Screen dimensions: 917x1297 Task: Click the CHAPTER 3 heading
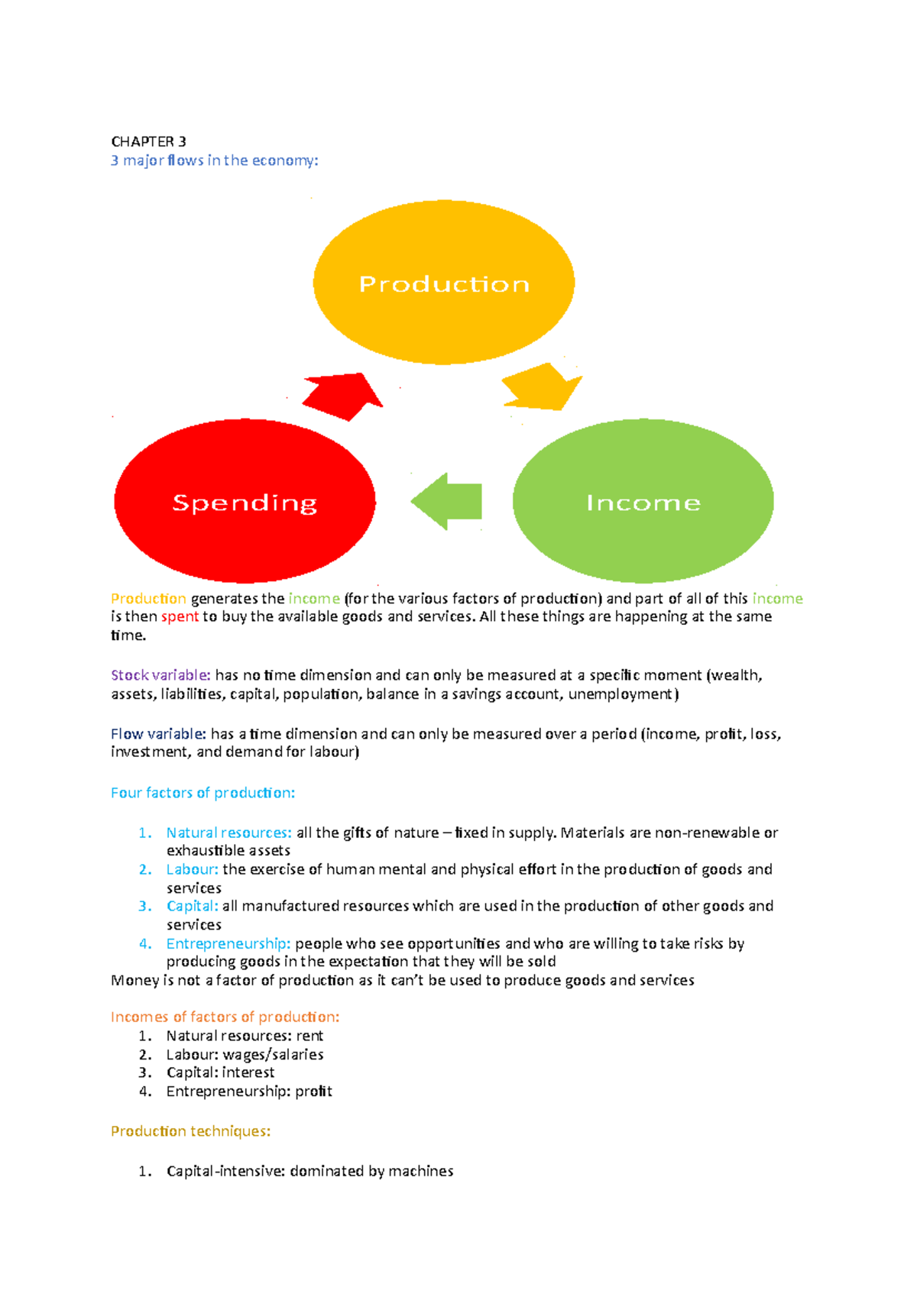click(x=148, y=142)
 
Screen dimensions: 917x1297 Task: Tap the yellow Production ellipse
click(x=444, y=283)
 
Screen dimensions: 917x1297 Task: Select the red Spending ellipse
click(x=245, y=501)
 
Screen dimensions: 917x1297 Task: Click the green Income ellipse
click(x=643, y=501)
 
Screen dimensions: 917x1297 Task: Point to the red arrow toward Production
click(x=343, y=396)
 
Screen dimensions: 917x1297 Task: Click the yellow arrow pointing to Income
click(x=543, y=387)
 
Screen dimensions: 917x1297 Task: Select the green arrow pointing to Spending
click(x=446, y=501)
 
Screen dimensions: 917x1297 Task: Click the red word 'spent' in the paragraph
click(x=180, y=616)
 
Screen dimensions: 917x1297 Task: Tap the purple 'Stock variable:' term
click(x=160, y=675)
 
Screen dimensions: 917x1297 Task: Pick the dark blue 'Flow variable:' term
click(x=158, y=733)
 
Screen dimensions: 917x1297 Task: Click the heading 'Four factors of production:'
click(x=203, y=793)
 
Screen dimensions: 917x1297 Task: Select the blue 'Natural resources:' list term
click(x=228, y=833)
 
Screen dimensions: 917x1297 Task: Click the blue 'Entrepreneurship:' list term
click(x=228, y=944)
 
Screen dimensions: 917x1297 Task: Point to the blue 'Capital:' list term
click(x=193, y=906)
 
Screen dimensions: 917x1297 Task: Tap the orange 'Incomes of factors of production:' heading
click(x=225, y=1017)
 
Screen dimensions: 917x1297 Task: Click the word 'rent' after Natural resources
click(x=309, y=1035)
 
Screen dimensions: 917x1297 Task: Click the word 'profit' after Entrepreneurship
click(x=313, y=1092)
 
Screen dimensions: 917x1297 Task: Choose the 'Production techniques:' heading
click(x=190, y=1130)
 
